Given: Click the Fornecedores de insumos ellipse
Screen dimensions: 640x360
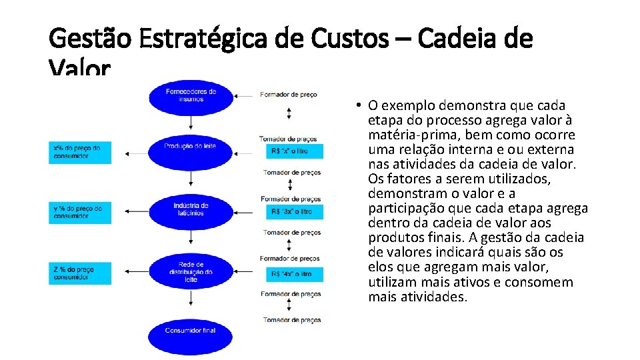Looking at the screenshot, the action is point(191,95).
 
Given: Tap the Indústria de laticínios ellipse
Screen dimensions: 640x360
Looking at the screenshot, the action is point(191,209).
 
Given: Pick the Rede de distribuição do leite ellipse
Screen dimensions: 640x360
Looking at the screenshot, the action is point(191,272).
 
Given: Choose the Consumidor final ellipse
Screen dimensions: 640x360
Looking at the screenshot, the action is point(191,331).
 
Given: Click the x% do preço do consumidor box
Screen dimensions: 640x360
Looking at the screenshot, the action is point(79,151).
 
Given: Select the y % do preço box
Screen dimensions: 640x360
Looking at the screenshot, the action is point(79,212).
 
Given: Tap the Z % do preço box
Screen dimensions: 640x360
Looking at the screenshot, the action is point(79,273).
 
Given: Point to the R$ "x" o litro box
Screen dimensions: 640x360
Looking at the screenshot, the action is point(294,151).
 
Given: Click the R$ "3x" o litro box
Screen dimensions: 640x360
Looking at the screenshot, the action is point(294,212).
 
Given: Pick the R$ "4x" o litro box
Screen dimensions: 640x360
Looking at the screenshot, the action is point(294,274).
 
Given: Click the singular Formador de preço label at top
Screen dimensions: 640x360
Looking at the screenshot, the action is point(289,95).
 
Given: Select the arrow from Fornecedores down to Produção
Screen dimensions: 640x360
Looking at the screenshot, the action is point(191,121).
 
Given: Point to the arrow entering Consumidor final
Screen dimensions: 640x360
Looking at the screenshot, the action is point(191,305).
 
